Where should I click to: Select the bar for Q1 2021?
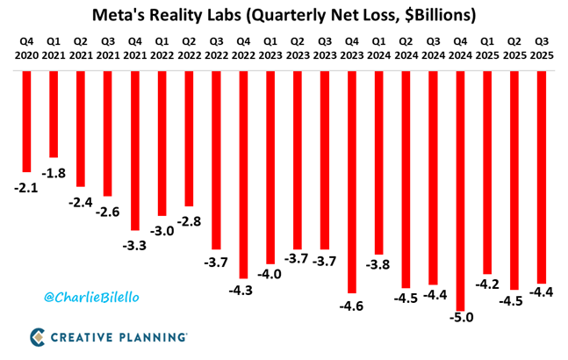[54, 114]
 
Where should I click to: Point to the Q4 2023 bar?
[352, 180]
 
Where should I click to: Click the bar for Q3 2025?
[542, 176]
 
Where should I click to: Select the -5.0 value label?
[461, 317]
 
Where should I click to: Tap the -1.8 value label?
[54, 172]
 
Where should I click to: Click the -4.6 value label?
[352, 306]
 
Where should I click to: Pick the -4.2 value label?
[488, 284]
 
